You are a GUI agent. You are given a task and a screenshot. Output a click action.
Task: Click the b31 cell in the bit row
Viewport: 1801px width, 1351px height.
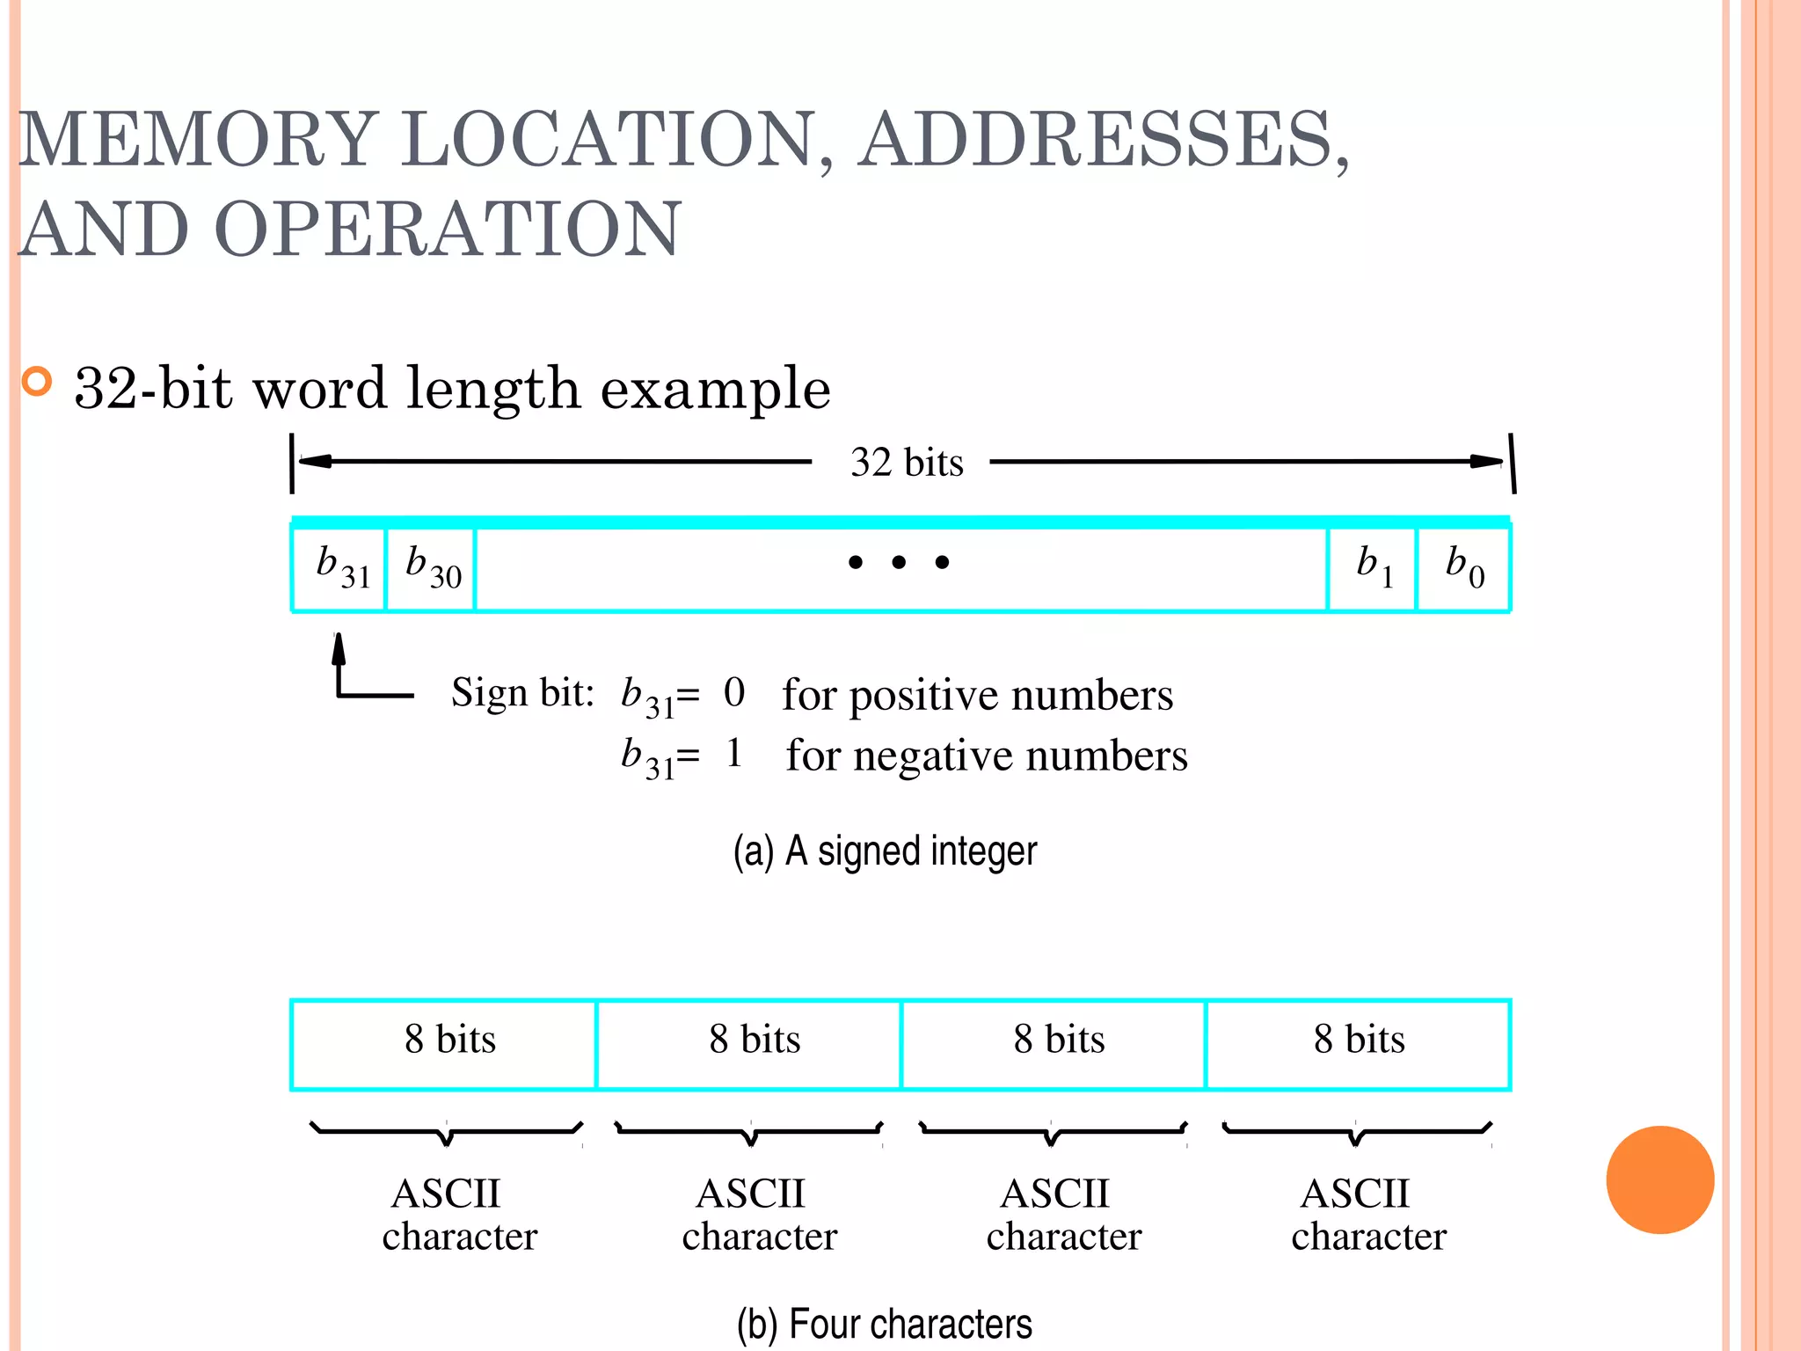[339, 567]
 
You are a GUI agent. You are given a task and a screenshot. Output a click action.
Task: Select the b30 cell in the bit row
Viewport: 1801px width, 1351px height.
[431, 567]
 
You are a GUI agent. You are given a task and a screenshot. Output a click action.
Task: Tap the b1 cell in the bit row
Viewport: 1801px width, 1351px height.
[1372, 567]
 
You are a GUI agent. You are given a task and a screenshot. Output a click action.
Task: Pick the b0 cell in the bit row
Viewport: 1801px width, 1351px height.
[1463, 567]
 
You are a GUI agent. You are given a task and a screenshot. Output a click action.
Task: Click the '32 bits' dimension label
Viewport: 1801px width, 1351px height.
[906, 463]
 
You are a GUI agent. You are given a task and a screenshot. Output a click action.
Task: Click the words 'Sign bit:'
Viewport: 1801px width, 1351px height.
[522, 693]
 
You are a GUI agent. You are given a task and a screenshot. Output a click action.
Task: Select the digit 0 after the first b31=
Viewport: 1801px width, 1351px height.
[734, 693]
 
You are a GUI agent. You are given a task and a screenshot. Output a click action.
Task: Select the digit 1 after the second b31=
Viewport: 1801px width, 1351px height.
[734, 754]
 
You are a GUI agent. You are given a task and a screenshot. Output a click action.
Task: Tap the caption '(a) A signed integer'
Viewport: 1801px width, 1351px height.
[886, 851]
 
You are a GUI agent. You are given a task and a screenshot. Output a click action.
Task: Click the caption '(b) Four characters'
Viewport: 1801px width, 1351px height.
[885, 1324]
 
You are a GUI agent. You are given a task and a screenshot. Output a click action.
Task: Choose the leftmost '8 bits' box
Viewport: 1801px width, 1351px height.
[444, 1043]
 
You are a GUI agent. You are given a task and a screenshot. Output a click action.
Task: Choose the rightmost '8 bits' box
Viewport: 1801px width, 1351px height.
[1359, 1043]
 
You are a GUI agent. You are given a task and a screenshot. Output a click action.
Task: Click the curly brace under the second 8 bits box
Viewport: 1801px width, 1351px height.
[749, 1133]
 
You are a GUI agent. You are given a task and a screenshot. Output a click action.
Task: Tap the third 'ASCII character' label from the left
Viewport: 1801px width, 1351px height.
[1062, 1215]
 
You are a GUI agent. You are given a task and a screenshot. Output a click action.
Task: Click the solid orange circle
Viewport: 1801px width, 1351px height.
[1659, 1179]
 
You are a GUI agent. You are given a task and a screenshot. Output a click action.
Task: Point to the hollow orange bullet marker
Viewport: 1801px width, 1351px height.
[37, 381]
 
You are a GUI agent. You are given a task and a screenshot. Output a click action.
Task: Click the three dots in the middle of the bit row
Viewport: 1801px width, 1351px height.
[898, 562]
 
